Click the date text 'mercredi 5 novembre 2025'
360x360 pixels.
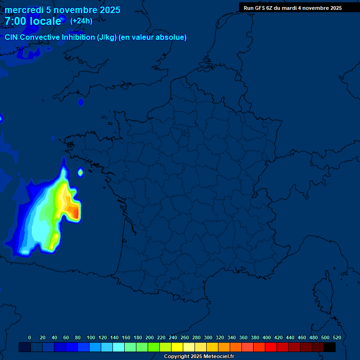[62, 10]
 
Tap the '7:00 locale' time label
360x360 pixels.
[33, 21]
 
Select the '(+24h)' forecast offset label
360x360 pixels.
[81, 21]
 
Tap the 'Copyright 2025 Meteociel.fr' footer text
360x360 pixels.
[199, 357]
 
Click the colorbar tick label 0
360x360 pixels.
[30, 337]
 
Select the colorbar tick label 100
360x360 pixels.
[91, 337]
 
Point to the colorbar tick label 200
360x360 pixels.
[150, 337]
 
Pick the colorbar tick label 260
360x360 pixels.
[185, 337]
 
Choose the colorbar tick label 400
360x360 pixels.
[267, 337]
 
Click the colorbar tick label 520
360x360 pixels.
[337, 337]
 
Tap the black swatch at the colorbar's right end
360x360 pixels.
[330, 347]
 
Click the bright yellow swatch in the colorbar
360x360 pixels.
[177, 347]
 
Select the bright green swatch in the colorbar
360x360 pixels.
[154, 347]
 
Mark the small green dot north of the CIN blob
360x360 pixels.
[80, 172]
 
